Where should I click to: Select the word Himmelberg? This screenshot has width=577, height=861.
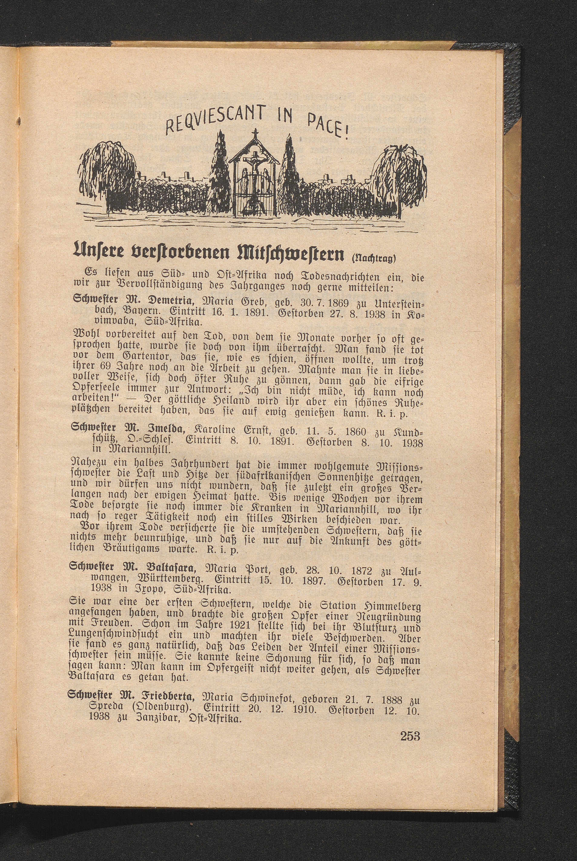pos(391,605)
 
